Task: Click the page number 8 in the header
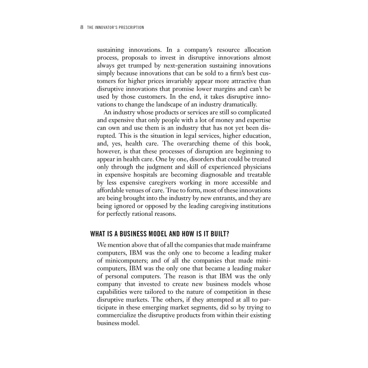click(82, 28)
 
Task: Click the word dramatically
click(239, 104)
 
